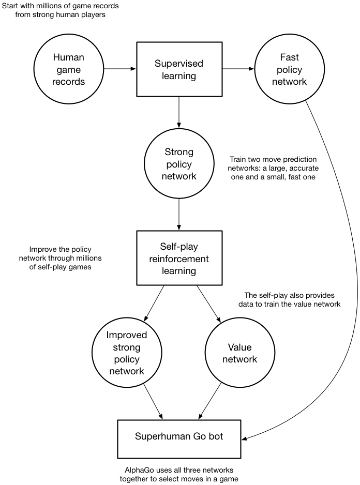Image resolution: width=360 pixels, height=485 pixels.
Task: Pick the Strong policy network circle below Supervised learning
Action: click(179, 164)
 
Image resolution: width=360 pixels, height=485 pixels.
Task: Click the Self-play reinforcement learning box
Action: click(179, 257)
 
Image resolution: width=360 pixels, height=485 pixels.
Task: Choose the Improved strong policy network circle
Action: click(127, 353)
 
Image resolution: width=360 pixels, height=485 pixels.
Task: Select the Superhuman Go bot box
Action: click(179, 436)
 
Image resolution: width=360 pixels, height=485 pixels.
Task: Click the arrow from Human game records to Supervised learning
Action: click(119, 68)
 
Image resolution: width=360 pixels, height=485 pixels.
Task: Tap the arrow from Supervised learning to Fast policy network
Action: click(238, 68)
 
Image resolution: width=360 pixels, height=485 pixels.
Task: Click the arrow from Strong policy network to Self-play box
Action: click(179, 214)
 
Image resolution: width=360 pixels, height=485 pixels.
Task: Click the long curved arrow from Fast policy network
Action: click(341, 259)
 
